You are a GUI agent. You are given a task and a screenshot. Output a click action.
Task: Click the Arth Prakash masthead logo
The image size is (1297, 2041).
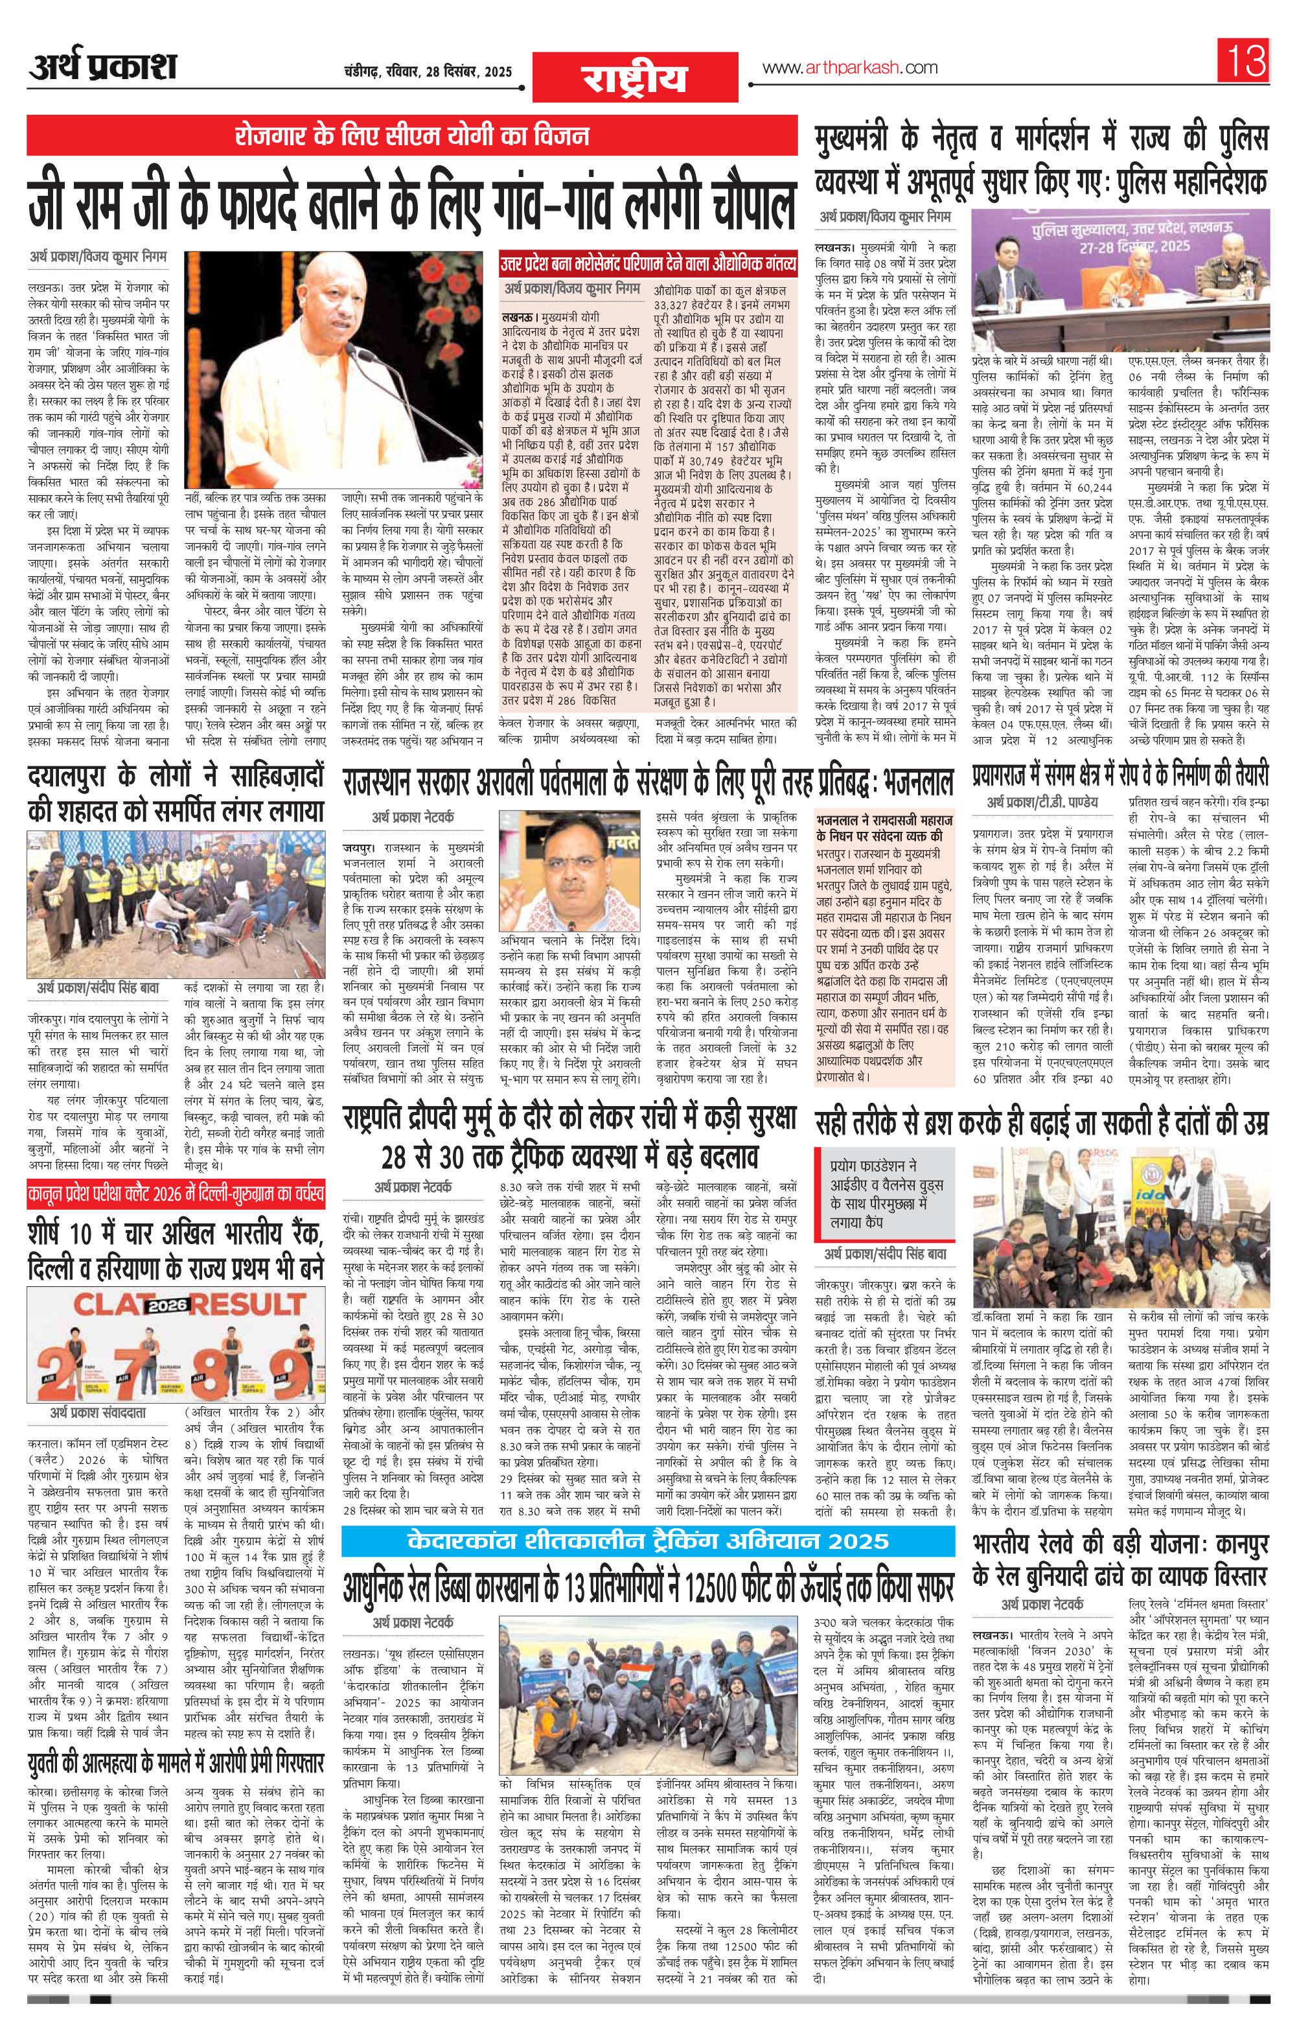tap(102, 66)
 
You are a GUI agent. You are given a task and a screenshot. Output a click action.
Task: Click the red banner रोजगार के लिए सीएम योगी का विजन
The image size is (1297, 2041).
tap(412, 136)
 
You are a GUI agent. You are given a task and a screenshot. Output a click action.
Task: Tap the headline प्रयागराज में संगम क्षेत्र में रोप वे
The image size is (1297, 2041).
tap(1119, 775)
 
